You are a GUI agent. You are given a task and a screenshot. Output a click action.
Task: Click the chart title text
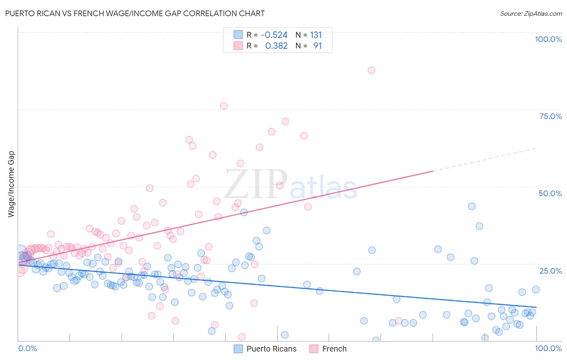coord(135,13)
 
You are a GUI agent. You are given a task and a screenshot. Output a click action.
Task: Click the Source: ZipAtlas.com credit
coord(531,14)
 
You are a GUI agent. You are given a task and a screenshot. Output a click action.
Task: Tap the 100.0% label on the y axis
coord(548,39)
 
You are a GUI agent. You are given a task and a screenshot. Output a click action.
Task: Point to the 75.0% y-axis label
coord(550,116)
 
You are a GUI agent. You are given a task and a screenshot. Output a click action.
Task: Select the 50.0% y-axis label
coord(550,193)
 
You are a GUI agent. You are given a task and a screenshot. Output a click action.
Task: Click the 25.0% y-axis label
coord(550,270)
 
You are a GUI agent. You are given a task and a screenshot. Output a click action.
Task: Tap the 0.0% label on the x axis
coord(27,348)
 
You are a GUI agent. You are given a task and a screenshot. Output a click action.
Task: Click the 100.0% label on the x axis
coord(548,348)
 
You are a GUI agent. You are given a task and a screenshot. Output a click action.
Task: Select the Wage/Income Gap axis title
coord(11,184)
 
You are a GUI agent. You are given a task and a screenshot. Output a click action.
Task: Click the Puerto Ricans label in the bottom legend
coord(271,349)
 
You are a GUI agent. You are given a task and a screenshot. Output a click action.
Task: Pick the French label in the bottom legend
coord(334,349)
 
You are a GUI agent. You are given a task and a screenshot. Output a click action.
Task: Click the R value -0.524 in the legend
coord(274,35)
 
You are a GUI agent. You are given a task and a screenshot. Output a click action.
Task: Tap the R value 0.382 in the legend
coord(276,46)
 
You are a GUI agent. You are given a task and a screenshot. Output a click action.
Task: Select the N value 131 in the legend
coord(316,35)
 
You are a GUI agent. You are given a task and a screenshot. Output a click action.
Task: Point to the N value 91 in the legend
coord(317,46)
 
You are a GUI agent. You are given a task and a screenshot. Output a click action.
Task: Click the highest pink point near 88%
coord(371,70)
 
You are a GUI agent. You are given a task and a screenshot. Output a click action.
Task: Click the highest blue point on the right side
coord(472,206)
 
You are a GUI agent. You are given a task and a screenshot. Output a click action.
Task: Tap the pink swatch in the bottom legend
coord(314,349)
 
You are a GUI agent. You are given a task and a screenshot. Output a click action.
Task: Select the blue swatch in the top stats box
coord(238,35)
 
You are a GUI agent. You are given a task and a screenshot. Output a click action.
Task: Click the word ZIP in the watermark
coord(256,184)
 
